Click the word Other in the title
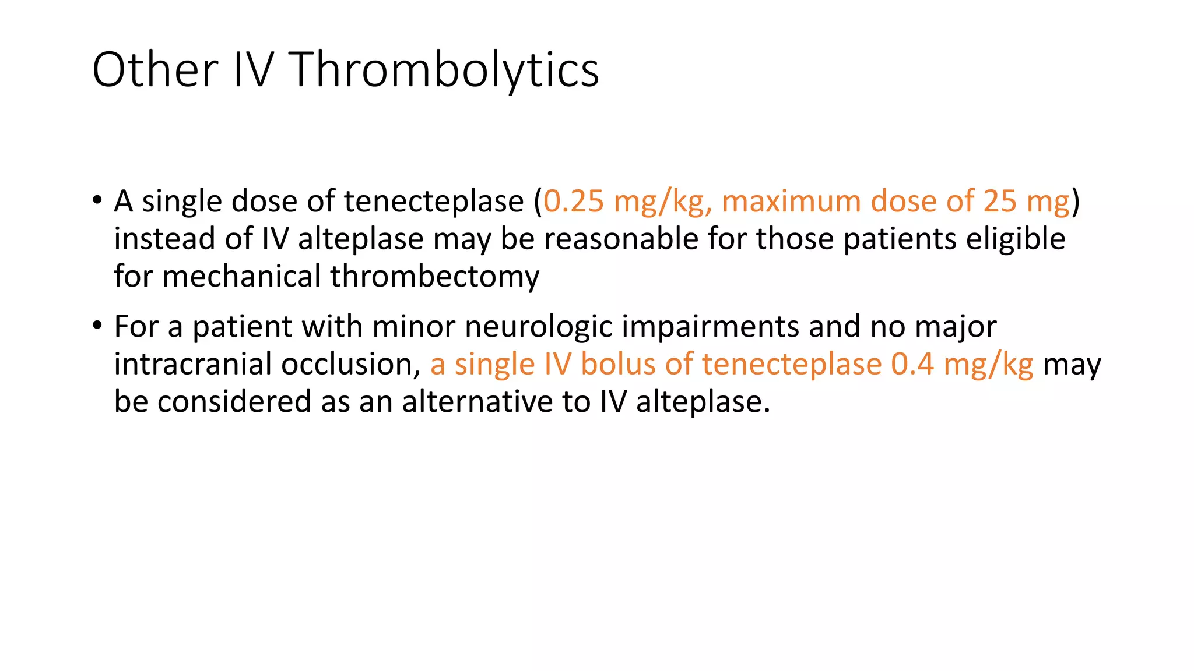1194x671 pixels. pos(155,70)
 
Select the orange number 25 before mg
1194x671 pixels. pos(1000,202)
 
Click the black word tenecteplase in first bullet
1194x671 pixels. pos(434,202)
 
